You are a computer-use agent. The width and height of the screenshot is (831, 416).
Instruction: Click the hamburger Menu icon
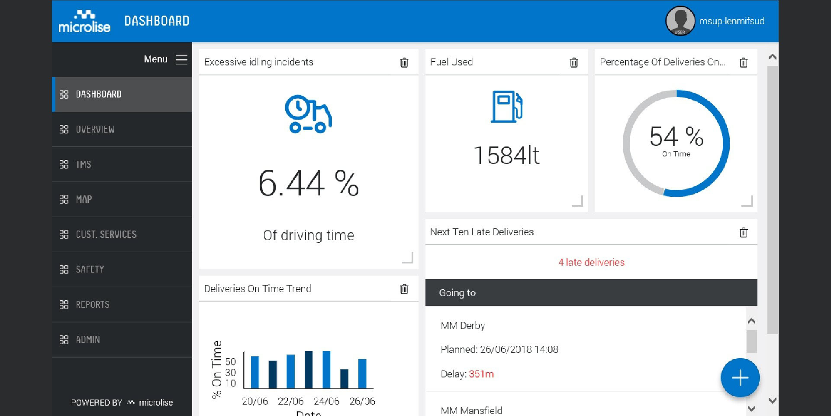coord(181,60)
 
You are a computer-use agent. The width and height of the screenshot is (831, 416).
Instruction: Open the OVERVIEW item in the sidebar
coord(95,129)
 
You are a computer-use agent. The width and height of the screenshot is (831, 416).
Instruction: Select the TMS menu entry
coord(83,164)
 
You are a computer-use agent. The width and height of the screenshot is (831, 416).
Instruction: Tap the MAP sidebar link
coord(84,199)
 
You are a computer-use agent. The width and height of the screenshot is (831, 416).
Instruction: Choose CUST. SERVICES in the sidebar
coord(106,234)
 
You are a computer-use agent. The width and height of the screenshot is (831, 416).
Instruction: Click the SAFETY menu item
coord(90,269)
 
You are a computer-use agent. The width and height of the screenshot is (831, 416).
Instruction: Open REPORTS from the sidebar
coord(92,304)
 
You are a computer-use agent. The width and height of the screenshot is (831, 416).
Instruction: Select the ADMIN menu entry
coord(87,339)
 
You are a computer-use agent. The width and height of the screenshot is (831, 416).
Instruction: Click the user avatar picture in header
coord(680,21)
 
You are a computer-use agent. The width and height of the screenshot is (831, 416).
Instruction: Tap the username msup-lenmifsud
coord(731,21)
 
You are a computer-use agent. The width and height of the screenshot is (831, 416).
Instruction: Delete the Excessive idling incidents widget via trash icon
coord(404,62)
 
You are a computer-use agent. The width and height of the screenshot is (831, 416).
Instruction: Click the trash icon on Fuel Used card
coord(574,62)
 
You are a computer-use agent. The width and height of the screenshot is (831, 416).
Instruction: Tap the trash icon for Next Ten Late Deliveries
coord(744,232)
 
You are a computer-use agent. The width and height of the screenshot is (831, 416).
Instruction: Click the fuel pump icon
coord(506,107)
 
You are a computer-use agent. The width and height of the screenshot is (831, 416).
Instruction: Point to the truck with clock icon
coord(308,114)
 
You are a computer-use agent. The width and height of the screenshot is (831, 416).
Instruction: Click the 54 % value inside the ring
coord(676,136)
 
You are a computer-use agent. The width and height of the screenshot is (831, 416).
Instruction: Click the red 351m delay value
coord(481,374)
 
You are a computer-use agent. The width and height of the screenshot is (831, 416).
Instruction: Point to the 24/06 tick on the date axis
coord(326,401)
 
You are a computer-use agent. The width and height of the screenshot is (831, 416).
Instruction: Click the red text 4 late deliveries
coord(591,262)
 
